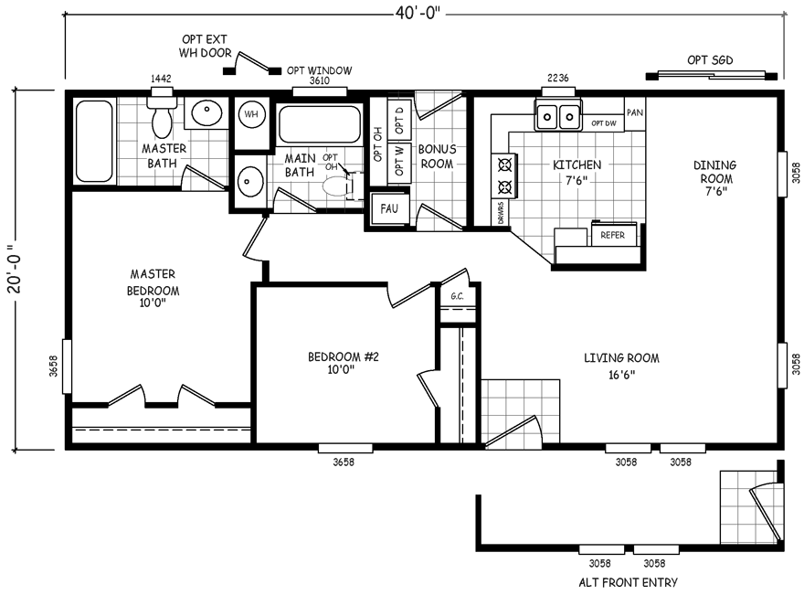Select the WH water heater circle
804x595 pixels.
tap(250, 114)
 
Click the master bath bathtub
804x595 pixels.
tap(93, 141)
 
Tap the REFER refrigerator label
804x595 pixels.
tap(612, 235)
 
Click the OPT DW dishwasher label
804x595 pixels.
tap(603, 122)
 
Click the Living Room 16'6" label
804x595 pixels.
tap(621, 366)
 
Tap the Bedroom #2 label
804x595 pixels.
tap(343, 363)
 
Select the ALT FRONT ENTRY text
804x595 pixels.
tap(629, 582)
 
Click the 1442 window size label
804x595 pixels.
tap(160, 80)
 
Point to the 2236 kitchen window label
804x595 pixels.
tap(558, 79)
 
